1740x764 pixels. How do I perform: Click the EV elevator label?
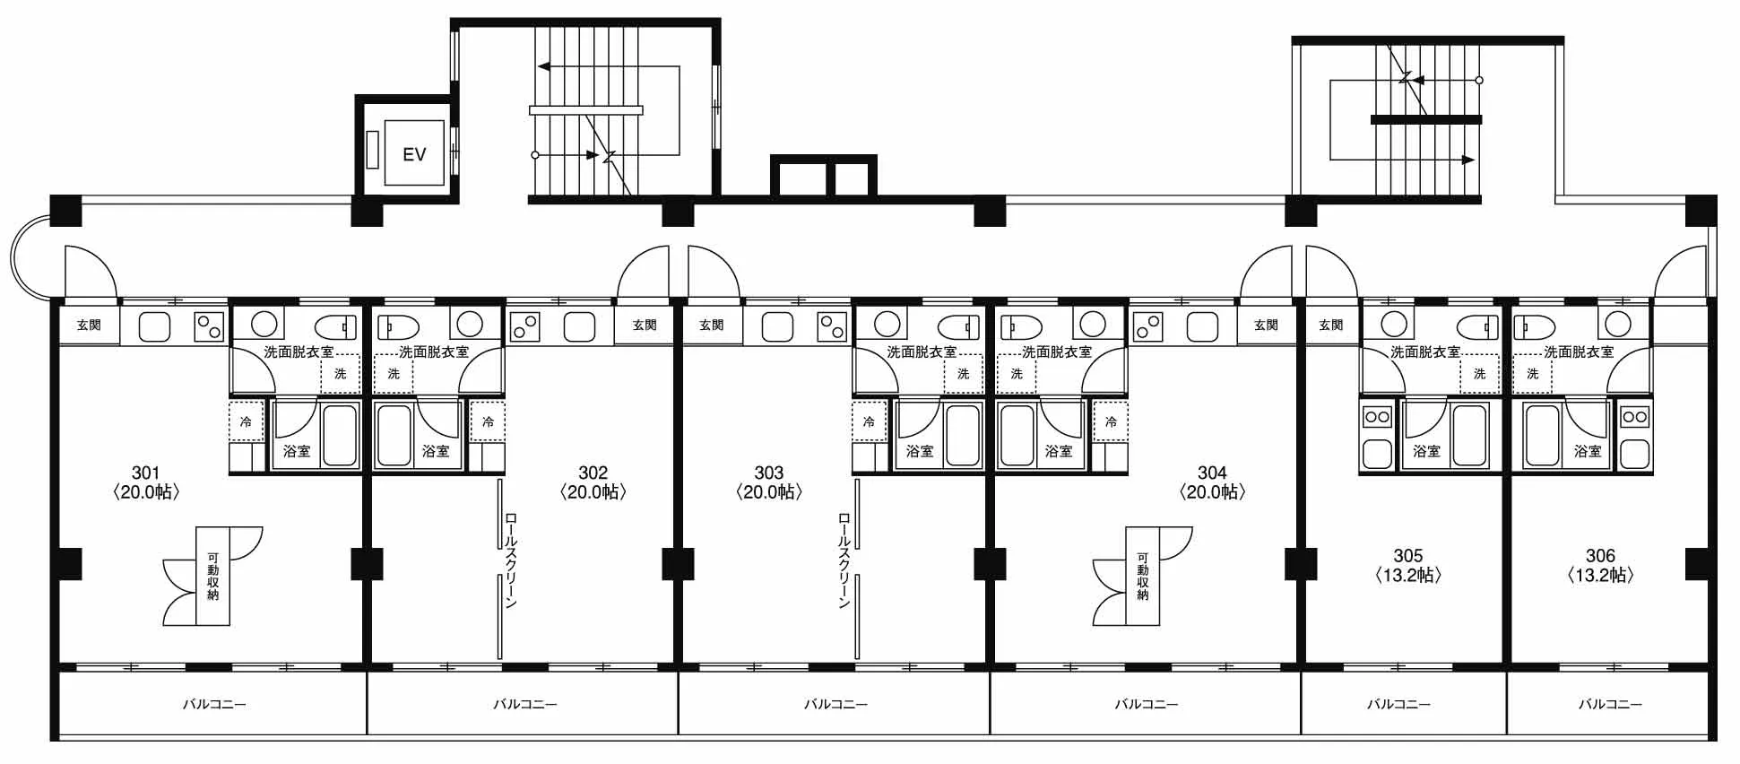point(414,154)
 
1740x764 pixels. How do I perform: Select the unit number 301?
point(145,473)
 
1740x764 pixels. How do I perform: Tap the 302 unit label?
point(593,473)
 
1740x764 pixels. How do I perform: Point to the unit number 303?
point(768,473)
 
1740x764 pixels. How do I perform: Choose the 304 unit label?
point(1211,473)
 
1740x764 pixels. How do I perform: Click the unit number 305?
point(1407,556)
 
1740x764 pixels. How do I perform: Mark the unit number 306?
point(1600,556)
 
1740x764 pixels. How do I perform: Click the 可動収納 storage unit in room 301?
point(213,576)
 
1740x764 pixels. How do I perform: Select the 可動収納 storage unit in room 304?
point(1143,576)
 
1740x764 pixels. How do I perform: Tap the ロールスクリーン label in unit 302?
point(510,560)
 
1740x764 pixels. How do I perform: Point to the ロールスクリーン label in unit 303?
point(844,560)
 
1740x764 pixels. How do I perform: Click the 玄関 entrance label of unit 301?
point(89,325)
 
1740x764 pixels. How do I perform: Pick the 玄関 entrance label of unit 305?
point(1331,325)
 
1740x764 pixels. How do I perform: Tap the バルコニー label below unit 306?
point(1610,705)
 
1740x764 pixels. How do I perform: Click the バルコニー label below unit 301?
point(214,705)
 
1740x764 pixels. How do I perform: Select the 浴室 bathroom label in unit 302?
point(436,451)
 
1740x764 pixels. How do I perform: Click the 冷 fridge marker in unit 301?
point(246,421)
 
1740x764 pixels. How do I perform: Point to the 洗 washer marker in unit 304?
point(1017,373)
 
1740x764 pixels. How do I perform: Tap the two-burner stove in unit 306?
point(1634,417)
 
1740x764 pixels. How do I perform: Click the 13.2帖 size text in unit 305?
point(1407,576)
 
